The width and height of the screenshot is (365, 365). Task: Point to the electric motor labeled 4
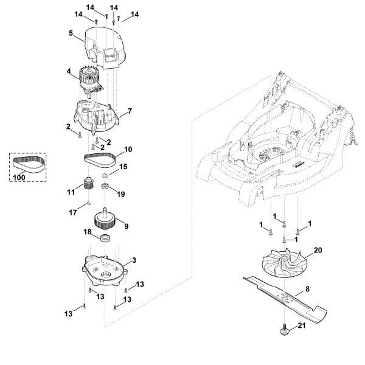pos(90,80)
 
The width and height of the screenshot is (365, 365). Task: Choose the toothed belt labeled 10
pos(100,160)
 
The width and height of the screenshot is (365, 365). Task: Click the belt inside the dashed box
pos(29,165)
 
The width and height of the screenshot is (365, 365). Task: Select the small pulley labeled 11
pos(88,184)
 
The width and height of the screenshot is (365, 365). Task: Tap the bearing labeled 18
pos(105,238)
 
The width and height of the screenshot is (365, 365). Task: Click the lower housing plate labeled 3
pos(105,271)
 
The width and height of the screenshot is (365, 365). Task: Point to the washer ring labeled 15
pos(105,175)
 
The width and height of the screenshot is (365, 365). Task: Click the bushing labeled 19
pos(105,187)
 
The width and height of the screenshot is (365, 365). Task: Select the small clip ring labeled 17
pos(88,203)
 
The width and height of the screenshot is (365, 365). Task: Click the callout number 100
pos(19,178)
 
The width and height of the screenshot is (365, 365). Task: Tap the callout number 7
pos(130,111)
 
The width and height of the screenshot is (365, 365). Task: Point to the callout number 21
pos(302,325)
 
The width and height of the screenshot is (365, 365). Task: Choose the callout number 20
pos(318,250)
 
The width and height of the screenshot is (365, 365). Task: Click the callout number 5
pos(71,33)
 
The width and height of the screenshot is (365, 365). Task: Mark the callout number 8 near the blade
pos(307,289)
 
